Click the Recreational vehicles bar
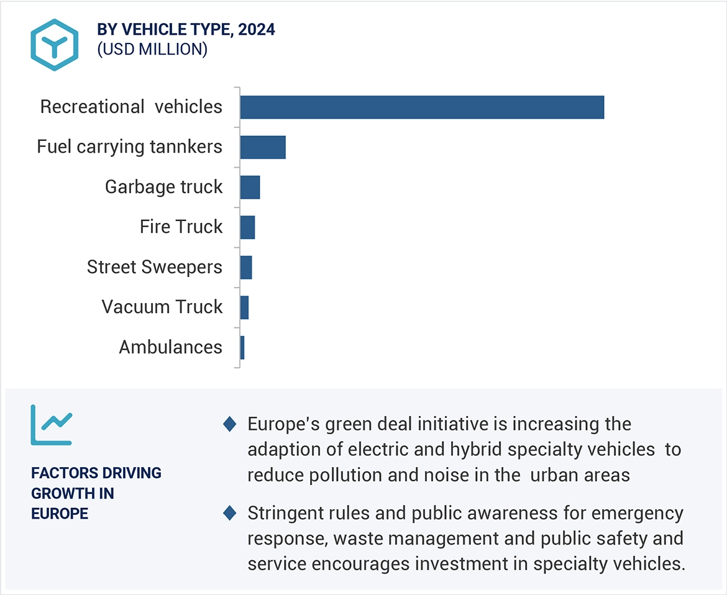pos(422,107)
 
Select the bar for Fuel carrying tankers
pos(263,147)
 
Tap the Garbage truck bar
pos(250,187)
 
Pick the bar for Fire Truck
pos(247,227)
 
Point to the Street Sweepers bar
pos(246,267)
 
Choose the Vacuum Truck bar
pos(244,307)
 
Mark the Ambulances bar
pos(242,347)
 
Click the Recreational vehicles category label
pos(131,107)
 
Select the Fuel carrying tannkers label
pos(129,147)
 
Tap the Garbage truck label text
pos(163,187)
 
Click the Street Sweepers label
pos(154,267)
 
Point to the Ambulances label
pos(170,347)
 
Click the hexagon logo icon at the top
pos(55,44)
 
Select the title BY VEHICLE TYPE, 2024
pos(186,29)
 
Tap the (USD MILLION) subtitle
pos(152,50)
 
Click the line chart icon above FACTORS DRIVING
pos(52,425)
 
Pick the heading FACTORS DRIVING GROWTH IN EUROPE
pos(96,493)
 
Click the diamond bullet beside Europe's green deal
pos(230,424)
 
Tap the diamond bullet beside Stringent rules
pos(230,514)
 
